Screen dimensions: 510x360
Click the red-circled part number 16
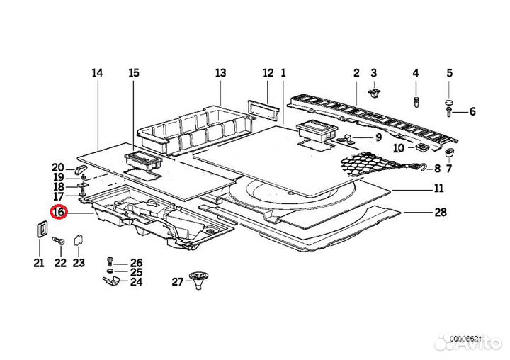[59, 212]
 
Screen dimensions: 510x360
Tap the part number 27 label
[178, 281]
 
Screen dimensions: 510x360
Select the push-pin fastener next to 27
[198, 281]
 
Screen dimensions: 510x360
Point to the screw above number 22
[59, 241]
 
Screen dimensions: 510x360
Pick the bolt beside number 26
[110, 261]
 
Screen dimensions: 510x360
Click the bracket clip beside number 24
[111, 281]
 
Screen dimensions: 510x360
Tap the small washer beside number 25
[110, 271]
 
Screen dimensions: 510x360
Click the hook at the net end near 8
[424, 167]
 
